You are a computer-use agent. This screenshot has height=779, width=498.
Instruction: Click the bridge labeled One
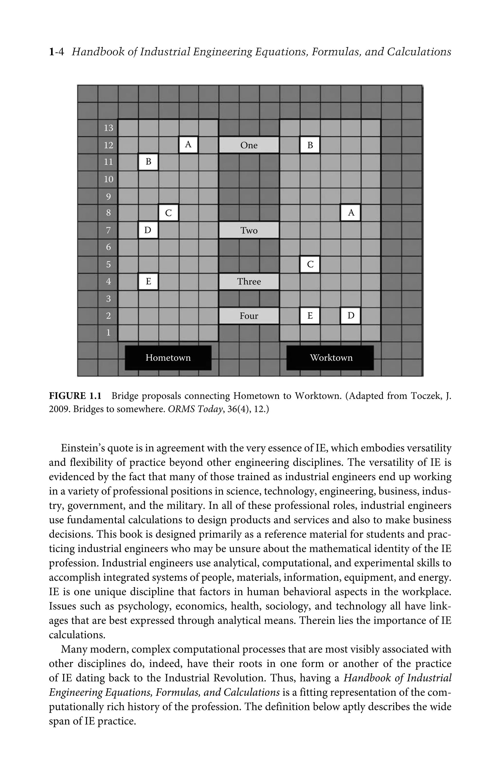249,145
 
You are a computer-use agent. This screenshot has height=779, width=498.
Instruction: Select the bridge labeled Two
249,230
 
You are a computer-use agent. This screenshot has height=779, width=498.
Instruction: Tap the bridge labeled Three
249,281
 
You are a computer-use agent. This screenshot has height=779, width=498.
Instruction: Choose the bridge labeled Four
249,316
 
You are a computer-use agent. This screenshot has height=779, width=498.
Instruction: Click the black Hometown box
168,358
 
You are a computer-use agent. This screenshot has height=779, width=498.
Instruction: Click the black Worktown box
330,358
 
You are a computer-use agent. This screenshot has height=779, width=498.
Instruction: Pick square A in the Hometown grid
188,145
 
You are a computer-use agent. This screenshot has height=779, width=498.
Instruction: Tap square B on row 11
148,162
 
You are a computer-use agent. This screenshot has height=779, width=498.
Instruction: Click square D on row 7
148,230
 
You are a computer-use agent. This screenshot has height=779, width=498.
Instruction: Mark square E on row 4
148,281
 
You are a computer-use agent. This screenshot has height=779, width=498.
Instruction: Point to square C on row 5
310,264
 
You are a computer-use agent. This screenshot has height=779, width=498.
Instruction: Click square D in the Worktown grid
351,316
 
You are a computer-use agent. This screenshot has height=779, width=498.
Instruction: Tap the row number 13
108,128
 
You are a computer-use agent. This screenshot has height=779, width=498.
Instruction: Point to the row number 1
108,333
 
